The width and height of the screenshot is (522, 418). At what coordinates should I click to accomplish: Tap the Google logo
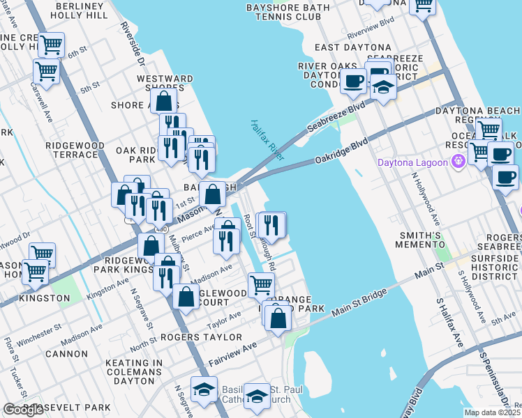click(23, 410)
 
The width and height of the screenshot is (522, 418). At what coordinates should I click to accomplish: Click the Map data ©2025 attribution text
click(492, 412)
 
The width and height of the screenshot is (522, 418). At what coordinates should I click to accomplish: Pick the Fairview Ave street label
click(234, 355)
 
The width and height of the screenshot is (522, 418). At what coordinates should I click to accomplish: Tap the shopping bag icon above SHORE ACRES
click(165, 102)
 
